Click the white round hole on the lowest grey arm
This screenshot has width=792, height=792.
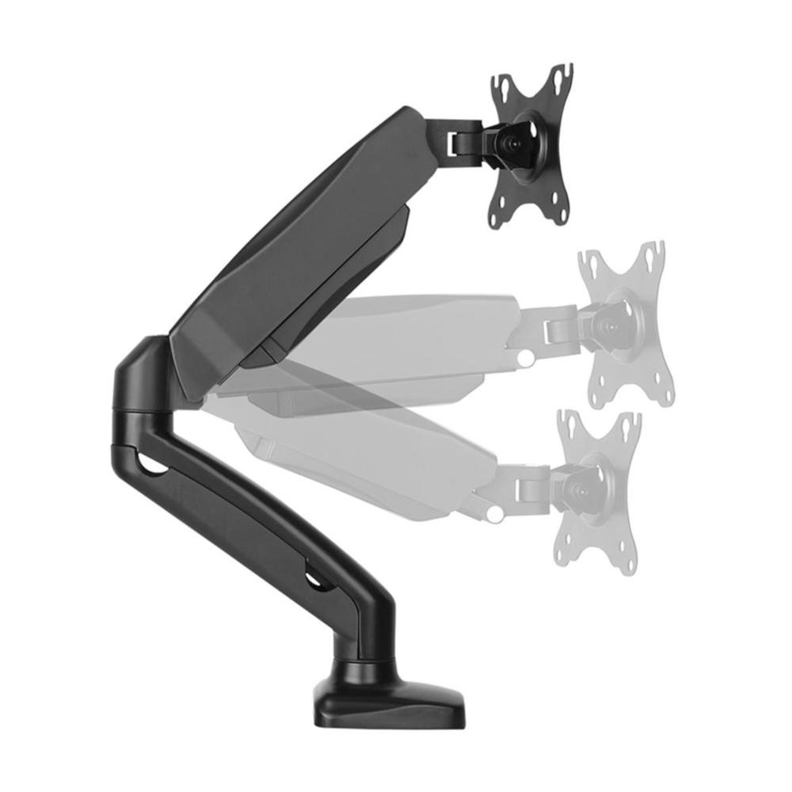(x=496, y=515)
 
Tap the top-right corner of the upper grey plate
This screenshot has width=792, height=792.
(x=655, y=252)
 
